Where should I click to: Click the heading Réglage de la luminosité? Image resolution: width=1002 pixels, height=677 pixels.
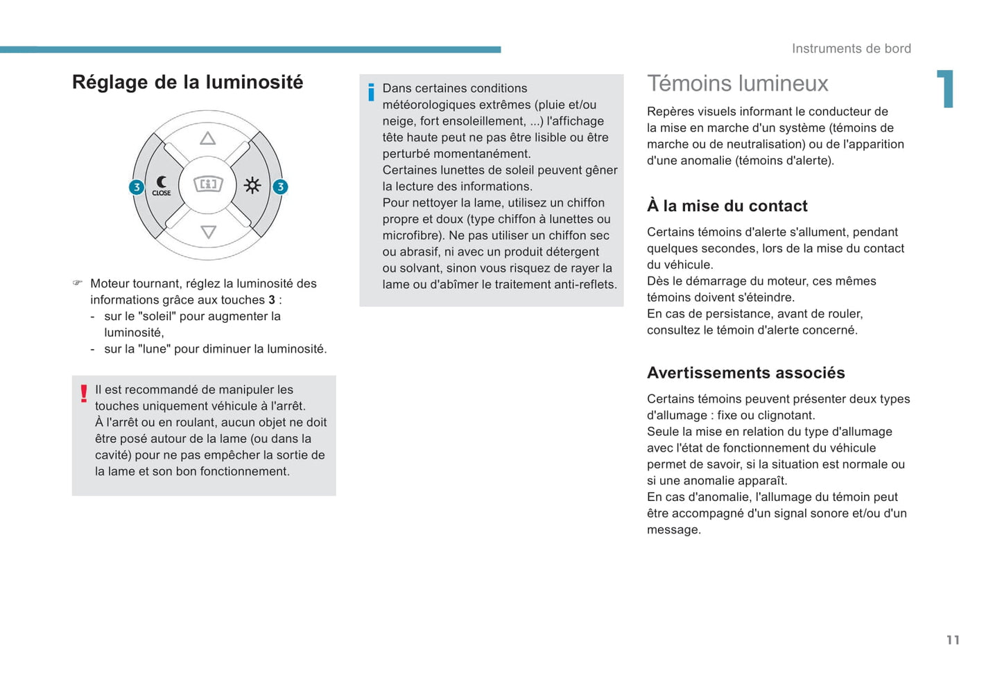click(x=187, y=82)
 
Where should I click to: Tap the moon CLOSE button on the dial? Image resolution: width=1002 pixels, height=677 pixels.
click(x=162, y=186)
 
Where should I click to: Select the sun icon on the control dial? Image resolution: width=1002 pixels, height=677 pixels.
click(x=252, y=185)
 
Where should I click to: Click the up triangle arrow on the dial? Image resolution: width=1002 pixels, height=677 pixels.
click(x=207, y=139)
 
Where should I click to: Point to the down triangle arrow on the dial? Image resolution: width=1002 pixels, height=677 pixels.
click(x=208, y=232)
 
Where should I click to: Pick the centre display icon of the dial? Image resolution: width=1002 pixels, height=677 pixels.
click(x=208, y=184)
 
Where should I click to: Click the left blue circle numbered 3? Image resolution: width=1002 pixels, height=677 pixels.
click(x=137, y=187)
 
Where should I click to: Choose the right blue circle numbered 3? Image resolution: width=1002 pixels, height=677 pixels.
click(x=280, y=187)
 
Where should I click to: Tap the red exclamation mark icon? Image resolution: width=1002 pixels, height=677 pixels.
click(x=84, y=394)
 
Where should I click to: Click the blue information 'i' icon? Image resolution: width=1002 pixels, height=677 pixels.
click(x=371, y=92)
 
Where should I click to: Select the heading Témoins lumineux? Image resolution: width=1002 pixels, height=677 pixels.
click(x=737, y=84)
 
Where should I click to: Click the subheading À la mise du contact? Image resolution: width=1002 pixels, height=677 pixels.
click(x=727, y=206)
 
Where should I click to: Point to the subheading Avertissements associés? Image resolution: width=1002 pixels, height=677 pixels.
click(x=745, y=373)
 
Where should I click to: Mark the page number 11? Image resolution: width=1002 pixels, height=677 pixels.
click(x=953, y=640)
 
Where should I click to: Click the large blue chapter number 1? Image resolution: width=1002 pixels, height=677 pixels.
click(x=946, y=89)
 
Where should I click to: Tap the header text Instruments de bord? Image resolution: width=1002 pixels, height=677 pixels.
click(x=851, y=49)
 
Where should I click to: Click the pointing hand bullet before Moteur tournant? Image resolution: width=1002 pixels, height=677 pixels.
click(x=78, y=283)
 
